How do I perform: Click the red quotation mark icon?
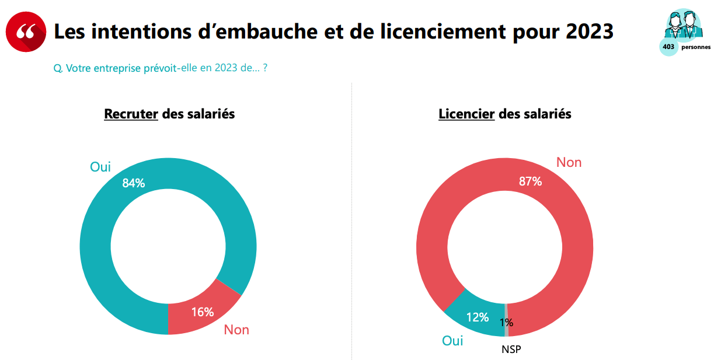coord(26,32)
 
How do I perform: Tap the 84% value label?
coord(133,183)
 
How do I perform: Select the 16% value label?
coord(203,312)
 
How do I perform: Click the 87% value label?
coord(530,181)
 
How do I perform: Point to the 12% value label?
coord(477,317)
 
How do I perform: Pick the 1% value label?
coord(506,323)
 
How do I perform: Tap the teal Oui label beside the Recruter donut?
coord(100,167)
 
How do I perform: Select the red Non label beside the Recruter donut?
coord(236,330)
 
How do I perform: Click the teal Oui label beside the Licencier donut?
coord(452,341)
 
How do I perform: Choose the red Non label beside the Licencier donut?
coord(569,162)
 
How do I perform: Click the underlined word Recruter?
coord(131,114)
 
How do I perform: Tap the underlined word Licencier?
coord(466,114)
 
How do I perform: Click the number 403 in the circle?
coord(668,47)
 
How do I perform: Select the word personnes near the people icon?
coord(696,47)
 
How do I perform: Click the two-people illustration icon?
coord(682,23)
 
